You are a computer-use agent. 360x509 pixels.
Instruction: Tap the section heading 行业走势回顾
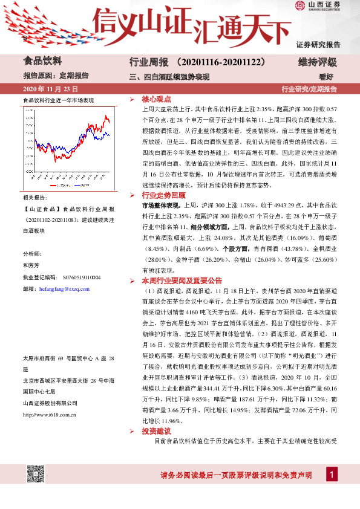(x=160, y=196)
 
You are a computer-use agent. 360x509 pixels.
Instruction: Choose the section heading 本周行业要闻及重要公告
(x=182, y=280)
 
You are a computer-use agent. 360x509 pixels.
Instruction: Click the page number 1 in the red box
(x=331, y=475)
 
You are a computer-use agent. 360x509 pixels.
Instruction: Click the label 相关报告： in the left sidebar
(x=35, y=198)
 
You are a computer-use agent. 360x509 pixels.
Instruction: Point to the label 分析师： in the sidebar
(x=32, y=253)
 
